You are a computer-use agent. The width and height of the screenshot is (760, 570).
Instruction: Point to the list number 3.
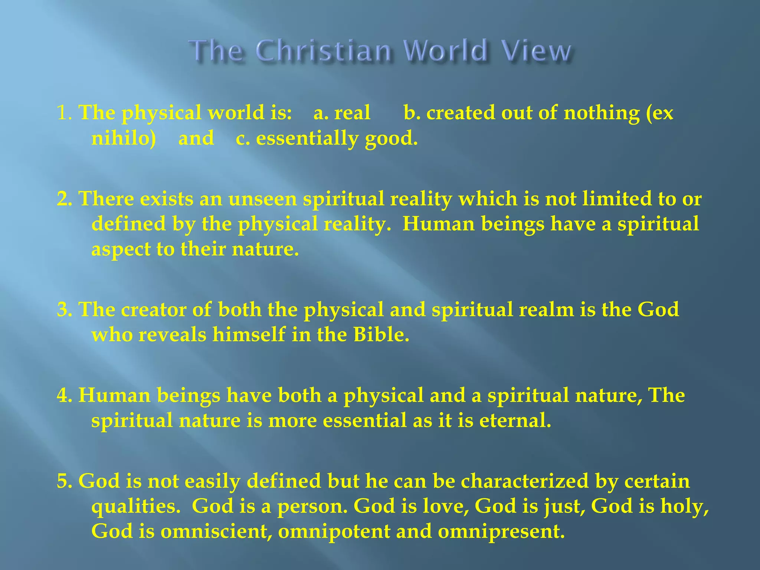tap(64, 309)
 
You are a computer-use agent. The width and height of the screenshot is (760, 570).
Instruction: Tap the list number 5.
tap(64, 481)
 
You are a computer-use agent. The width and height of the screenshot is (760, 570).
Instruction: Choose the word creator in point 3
tap(154, 309)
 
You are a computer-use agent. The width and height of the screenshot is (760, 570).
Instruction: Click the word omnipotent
tap(334, 531)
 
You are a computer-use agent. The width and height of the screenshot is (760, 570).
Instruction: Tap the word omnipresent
tap(501, 531)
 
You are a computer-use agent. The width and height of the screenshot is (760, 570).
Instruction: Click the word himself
tap(249, 335)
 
